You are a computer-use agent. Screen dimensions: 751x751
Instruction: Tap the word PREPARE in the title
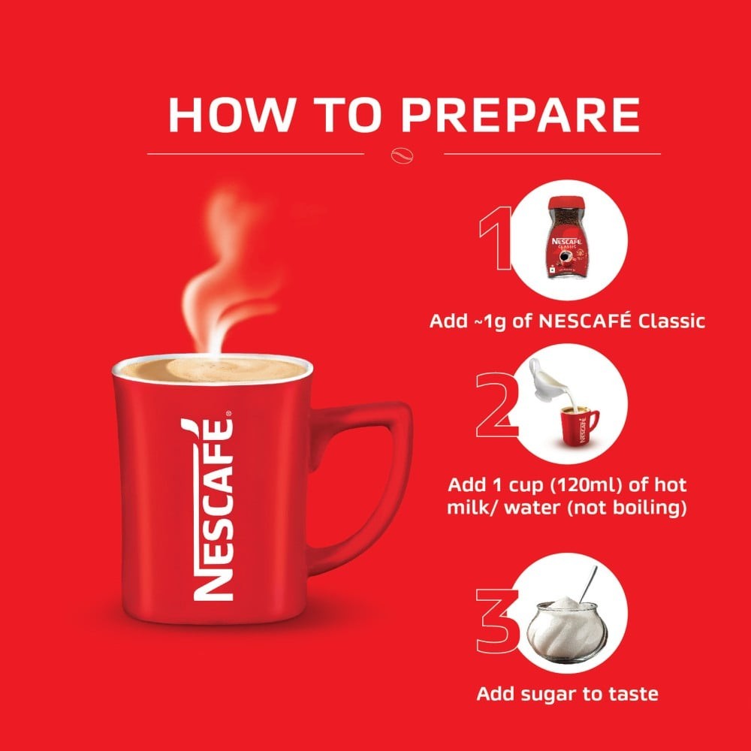520,115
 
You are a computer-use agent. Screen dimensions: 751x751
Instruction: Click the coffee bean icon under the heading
403,155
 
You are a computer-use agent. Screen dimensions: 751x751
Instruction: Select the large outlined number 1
496,238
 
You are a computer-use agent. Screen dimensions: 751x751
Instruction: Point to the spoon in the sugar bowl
588,585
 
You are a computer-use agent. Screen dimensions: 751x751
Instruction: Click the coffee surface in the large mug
213,371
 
